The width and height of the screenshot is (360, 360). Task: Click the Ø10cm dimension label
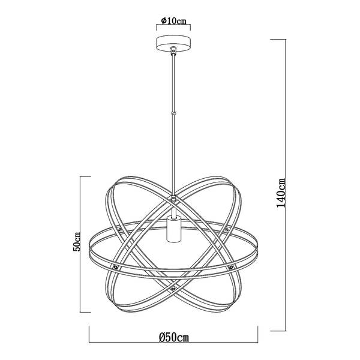[x=173, y=21]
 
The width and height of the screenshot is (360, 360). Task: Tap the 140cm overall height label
[x=281, y=193]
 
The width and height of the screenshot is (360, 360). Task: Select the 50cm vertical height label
[x=77, y=242]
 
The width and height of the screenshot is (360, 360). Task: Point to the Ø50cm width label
[x=174, y=337]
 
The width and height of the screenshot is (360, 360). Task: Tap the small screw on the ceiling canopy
[x=173, y=49]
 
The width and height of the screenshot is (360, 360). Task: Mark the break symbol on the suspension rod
[x=173, y=113]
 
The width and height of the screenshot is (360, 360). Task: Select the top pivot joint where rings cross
[x=173, y=197]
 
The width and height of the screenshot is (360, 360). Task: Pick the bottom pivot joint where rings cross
[x=173, y=287]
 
